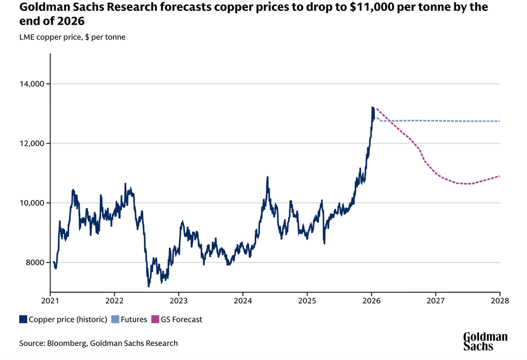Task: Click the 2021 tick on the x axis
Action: [x=50, y=301]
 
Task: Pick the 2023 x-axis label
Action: [x=179, y=301]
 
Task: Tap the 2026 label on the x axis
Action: [x=372, y=301]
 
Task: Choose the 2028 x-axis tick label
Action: [x=500, y=301]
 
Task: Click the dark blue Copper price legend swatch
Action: [x=23, y=320]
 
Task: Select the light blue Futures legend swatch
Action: [x=115, y=320]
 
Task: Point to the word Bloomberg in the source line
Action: [x=68, y=343]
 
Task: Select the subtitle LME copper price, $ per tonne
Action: [x=72, y=37]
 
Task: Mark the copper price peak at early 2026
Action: [x=373, y=108]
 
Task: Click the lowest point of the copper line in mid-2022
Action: [x=148, y=286]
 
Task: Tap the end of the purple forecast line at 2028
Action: [x=500, y=176]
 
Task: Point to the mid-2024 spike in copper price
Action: [x=267, y=177]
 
